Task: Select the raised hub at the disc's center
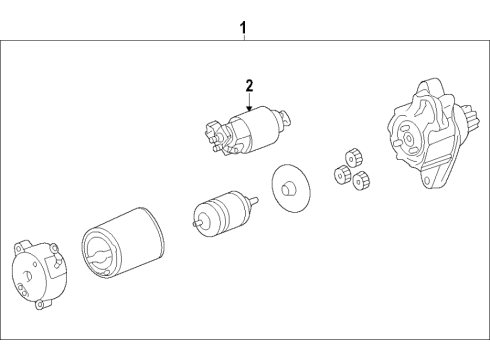(289, 187)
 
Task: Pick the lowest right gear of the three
(362, 180)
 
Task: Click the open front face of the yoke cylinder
(101, 260)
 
